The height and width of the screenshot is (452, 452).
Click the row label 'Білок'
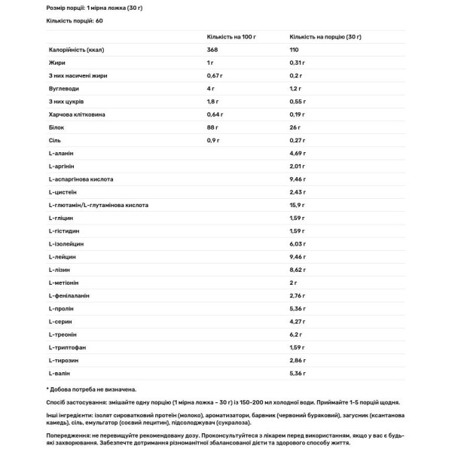point(56,129)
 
